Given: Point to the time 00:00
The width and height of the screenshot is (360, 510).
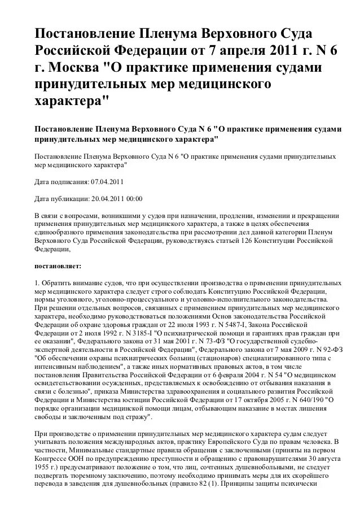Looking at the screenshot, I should click(135, 199).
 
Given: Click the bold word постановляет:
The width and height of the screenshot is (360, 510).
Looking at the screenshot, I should click(58, 264).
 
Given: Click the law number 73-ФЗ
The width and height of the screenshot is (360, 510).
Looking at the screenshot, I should click(217, 342).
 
